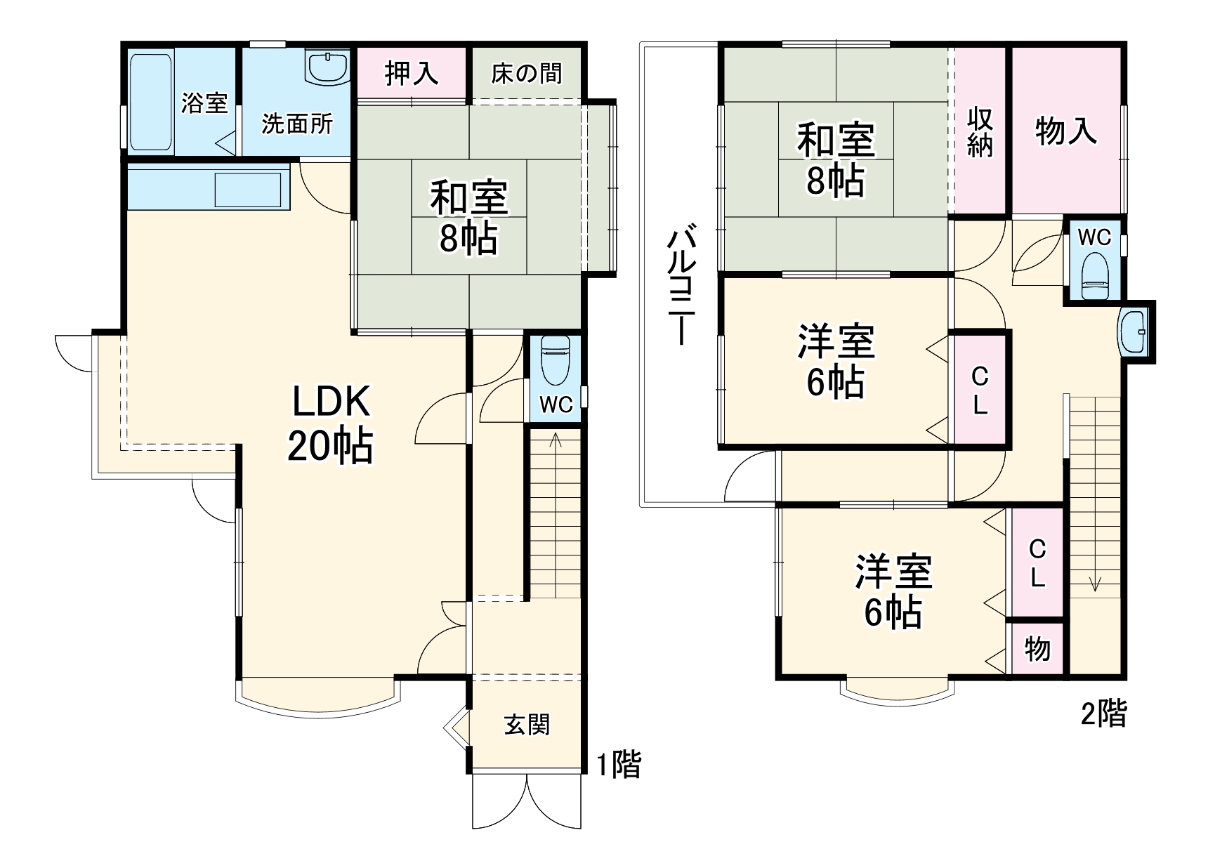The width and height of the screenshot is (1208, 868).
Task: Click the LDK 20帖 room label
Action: pos(330,423)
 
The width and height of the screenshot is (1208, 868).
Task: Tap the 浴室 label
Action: pos(204,103)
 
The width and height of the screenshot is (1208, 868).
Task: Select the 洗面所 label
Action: pos(297,124)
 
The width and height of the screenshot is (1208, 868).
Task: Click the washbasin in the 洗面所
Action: pos(327,68)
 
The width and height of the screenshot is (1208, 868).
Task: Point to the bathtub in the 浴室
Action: pos(151,102)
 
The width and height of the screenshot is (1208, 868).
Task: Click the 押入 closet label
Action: pos(412,73)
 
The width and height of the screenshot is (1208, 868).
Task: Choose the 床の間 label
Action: pos(527,73)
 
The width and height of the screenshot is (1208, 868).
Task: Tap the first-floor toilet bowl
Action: pos(556,360)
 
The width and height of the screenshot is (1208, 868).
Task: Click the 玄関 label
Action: pos(527,725)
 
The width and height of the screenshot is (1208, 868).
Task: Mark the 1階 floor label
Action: pos(619,764)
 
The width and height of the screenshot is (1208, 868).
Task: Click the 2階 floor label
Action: pos(1103,714)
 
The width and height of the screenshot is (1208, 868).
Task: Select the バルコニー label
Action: pos(681,284)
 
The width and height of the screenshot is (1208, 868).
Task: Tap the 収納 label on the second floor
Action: pos(980,131)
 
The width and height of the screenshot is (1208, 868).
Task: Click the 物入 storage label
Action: pos(1066,131)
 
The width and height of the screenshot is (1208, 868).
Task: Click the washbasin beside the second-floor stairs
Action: pos(1132,332)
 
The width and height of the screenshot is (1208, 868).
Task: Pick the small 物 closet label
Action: pos(1037,650)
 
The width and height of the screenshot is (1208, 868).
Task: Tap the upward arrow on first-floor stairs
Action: pos(556,441)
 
